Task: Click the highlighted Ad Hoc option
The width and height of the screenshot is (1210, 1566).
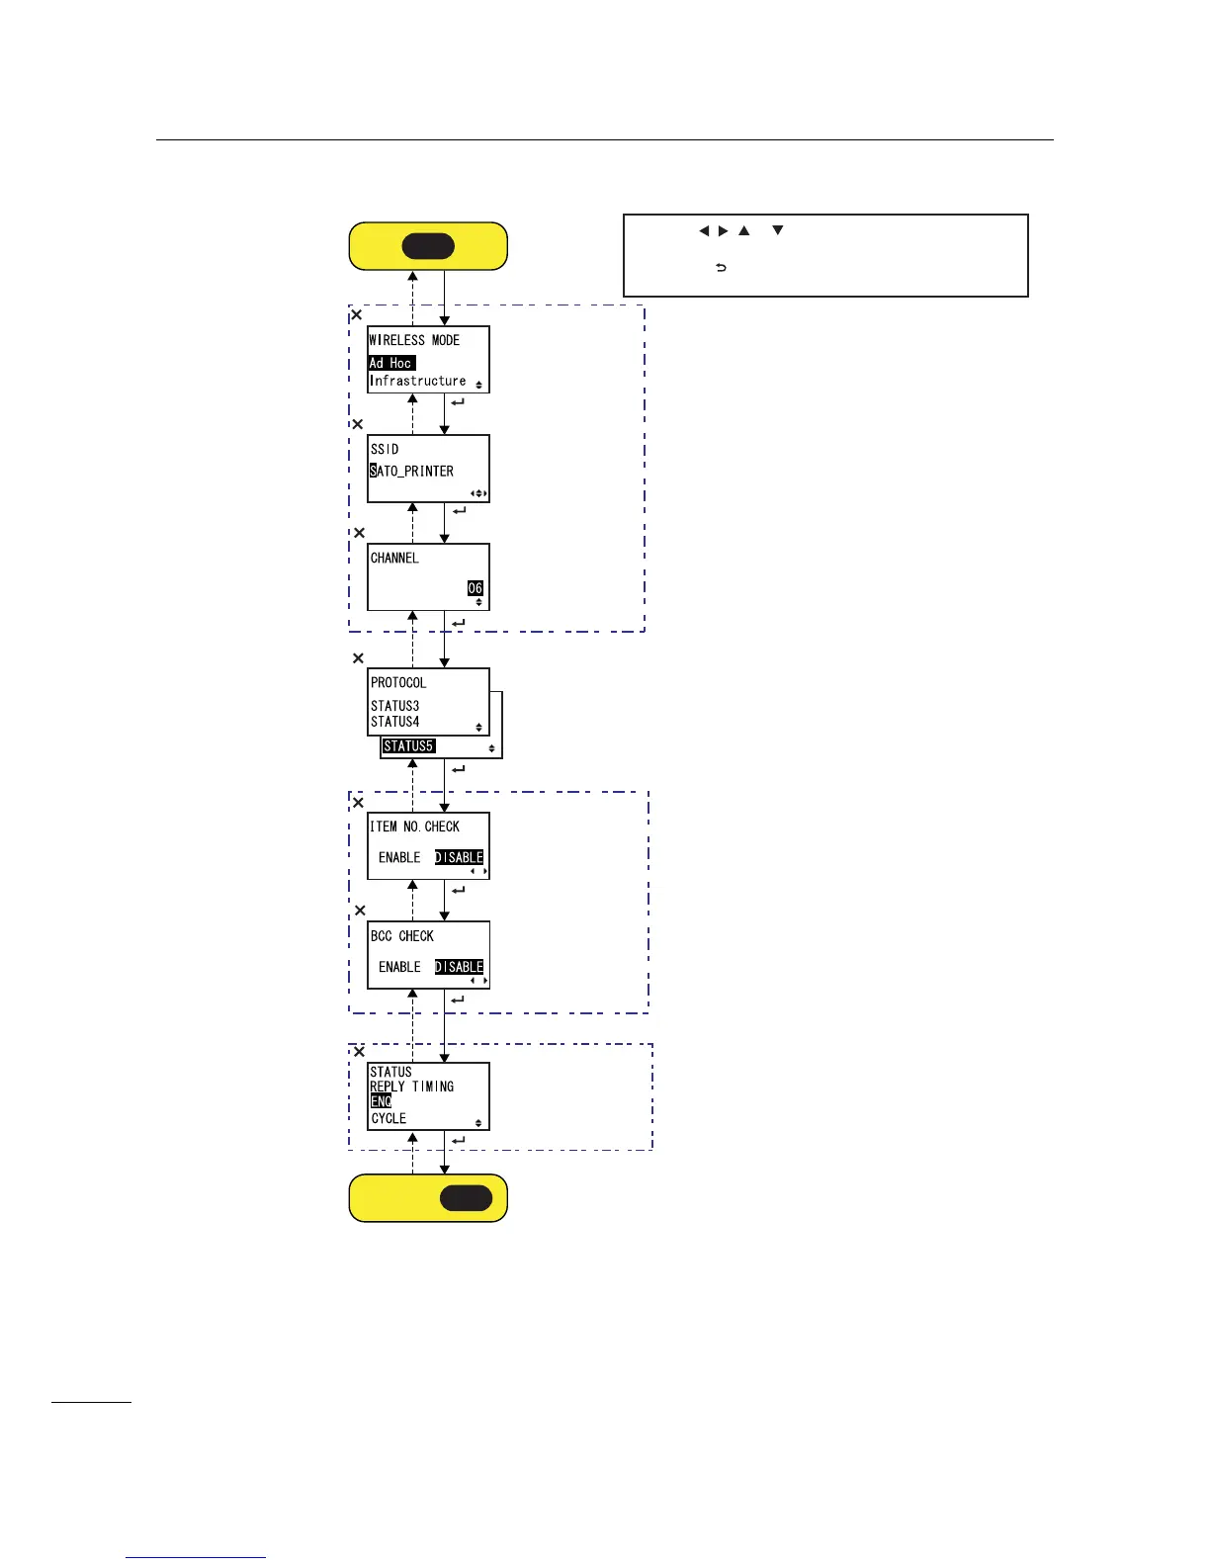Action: click(x=391, y=363)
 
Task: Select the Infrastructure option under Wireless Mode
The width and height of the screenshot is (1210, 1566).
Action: click(x=417, y=381)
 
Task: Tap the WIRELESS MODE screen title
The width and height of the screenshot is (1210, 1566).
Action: click(x=414, y=340)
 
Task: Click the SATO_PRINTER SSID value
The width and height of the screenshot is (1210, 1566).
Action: click(x=412, y=471)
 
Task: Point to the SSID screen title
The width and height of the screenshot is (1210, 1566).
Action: click(x=385, y=449)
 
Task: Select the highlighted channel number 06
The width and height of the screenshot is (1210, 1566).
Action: click(x=475, y=588)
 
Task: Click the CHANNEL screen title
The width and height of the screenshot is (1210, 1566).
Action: click(x=394, y=558)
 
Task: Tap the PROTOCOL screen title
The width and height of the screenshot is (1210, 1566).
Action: click(x=398, y=682)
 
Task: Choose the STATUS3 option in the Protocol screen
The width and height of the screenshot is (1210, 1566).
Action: click(x=394, y=706)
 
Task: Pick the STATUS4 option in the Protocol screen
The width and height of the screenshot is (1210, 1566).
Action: click(x=394, y=722)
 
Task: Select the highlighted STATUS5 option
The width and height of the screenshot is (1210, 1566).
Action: click(x=408, y=746)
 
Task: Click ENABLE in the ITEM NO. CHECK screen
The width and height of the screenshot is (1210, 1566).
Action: click(x=399, y=857)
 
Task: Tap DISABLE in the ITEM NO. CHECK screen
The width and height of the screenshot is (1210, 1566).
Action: click(x=460, y=857)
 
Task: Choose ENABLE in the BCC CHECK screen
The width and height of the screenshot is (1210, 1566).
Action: click(x=399, y=967)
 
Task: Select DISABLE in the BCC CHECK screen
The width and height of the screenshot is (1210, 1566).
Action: click(x=460, y=967)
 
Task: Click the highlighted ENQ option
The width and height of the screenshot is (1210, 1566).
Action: click(x=382, y=1101)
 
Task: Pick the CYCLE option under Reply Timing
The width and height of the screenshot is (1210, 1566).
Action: click(x=389, y=1118)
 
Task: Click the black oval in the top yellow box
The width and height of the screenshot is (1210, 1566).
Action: click(x=428, y=246)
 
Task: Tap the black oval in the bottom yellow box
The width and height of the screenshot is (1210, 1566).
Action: click(x=466, y=1198)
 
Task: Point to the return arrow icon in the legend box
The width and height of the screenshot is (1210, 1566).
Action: click(x=721, y=268)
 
